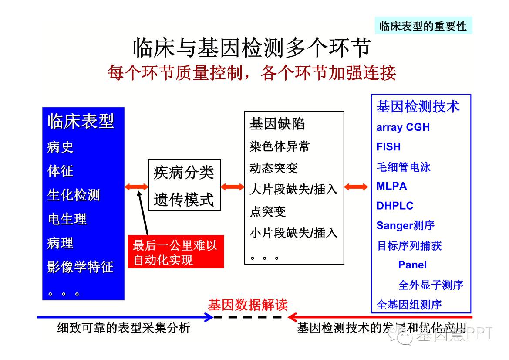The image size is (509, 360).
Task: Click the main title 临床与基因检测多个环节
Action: click(251, 48)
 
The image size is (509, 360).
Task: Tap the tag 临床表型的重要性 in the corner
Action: click(423, 26)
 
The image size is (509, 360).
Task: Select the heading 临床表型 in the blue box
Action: click(81, 122)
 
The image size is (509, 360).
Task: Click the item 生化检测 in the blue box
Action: click(74, 195)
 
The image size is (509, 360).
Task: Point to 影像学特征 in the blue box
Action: click(80, 266)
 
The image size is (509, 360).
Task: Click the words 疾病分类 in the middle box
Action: click(184, 173)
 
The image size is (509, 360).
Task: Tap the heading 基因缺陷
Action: click(277, 124)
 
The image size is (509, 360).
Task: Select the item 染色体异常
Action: click(280, 146)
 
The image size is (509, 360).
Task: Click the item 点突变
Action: click(268, 211)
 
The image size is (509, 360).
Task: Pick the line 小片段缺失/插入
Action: click(293, 233)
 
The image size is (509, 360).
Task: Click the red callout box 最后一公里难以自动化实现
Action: click(175, 252)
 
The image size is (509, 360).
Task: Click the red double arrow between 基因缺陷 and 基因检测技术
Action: click(356, 187)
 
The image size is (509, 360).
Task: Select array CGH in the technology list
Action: click(403, 127)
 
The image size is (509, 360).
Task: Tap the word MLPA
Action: click(391, 186)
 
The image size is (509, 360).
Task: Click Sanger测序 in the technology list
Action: click(405, 225)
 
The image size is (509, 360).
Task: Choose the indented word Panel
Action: click(412, 265)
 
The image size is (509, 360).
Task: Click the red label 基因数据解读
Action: click(247, 304)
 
